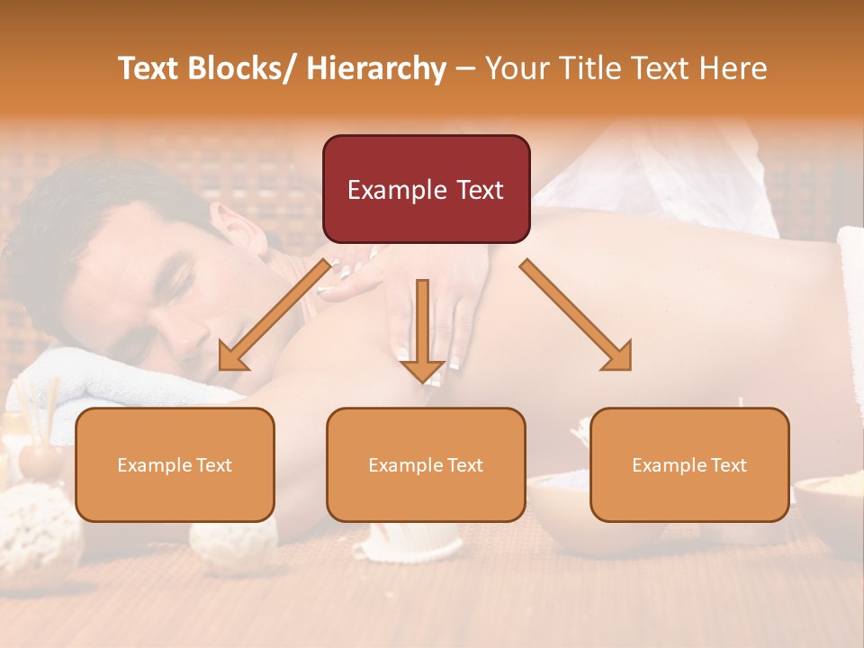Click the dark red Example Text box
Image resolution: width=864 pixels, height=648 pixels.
tap(426, 189)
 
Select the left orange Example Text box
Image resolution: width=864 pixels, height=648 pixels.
tap(175, 464)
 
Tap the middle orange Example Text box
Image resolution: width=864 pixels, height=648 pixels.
tap(426, 464)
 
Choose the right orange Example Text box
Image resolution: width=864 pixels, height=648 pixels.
tap(689, 464)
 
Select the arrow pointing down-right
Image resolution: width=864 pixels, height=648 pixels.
tap(576, 316)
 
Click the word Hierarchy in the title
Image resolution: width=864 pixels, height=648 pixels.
tap(375, 68)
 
